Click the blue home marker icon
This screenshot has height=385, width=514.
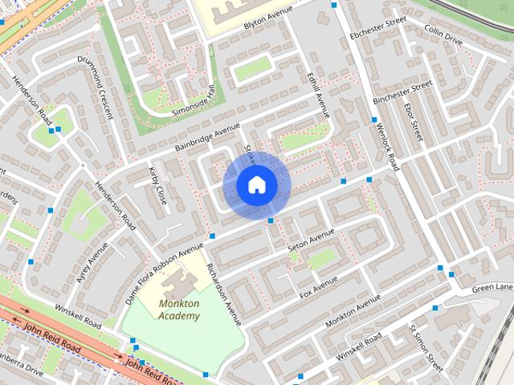point(257,185)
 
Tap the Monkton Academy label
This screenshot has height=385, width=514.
point(179,310)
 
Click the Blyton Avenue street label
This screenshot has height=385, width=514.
point(270,23)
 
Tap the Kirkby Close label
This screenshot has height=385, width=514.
point(157,185)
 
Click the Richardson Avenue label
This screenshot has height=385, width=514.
point(223,293)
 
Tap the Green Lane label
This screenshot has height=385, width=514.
point(492,288)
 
